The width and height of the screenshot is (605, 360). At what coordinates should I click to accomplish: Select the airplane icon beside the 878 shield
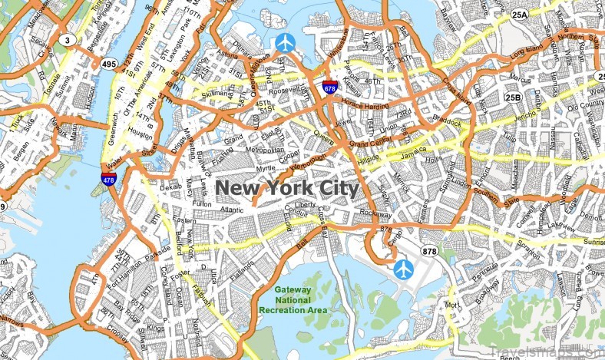point(404,269)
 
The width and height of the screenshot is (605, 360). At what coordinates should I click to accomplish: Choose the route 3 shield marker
point(68,40)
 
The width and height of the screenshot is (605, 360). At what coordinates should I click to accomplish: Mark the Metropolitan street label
point(266,150)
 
